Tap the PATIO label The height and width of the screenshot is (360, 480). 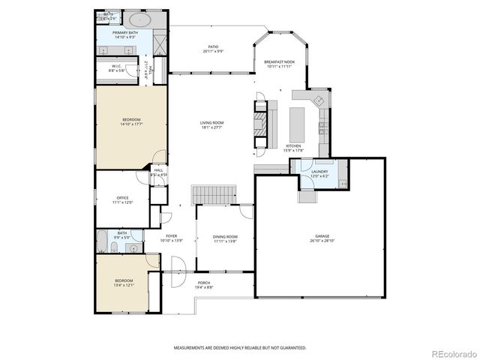(213, 47)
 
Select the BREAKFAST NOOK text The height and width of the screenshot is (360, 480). (279, 61)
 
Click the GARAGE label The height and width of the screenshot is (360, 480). (321, 236)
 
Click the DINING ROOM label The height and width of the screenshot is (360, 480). (225, 237)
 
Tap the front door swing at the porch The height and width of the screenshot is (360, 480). (178, 265)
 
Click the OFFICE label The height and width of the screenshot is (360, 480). (122, 198)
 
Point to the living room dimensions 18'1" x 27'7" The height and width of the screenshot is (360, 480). (212, 127)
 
